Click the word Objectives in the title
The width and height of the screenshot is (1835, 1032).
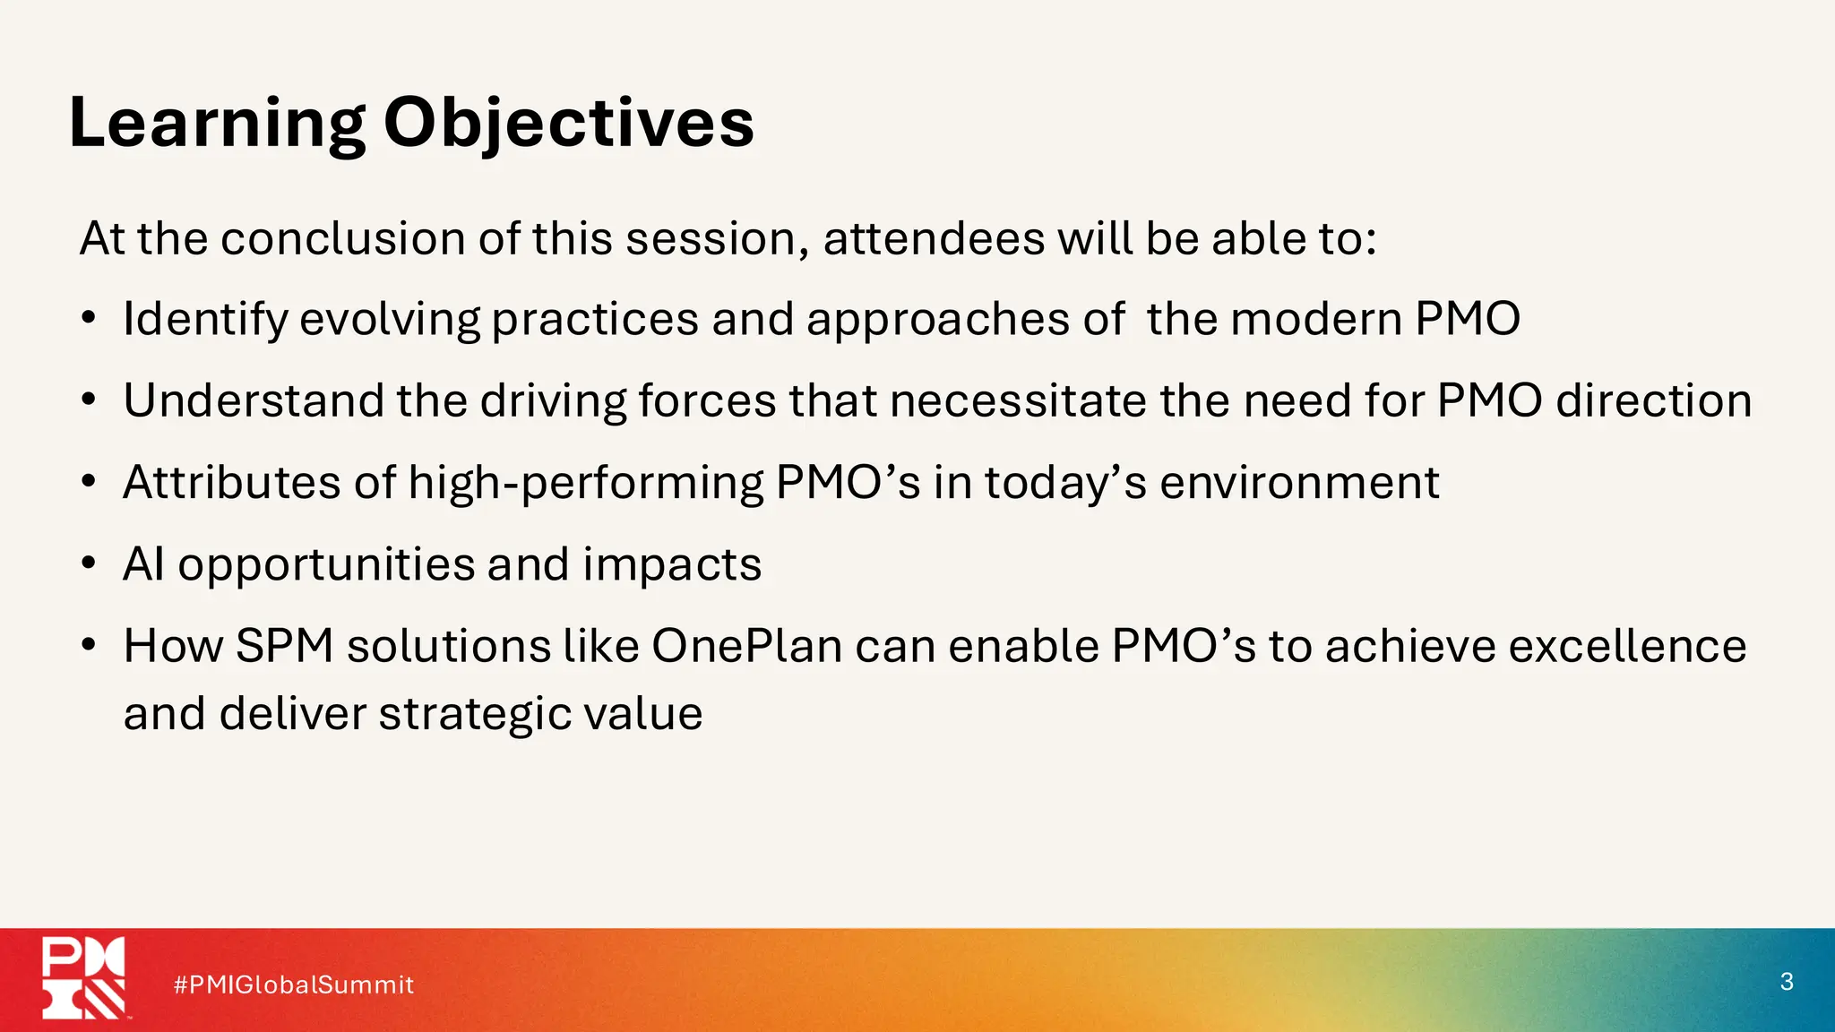coord(569,124)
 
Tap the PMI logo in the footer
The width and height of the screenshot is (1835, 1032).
coord(84,978)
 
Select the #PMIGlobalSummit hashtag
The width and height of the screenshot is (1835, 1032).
coord(294,985)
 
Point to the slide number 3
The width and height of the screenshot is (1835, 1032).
coord(1786,982)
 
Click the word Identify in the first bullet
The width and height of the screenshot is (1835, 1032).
coord(204,320)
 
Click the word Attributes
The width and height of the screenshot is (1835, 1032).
coord(231,483)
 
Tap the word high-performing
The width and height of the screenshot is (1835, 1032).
coord(585,485)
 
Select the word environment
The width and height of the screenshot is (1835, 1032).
coord(1299,483)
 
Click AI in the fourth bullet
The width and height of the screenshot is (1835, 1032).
coord(143,564)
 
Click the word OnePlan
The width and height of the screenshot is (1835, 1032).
coord(746,646)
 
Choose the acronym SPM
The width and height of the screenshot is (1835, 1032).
coord(284,646)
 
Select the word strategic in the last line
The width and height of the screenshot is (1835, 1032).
coord(474,715)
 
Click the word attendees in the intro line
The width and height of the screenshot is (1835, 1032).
coord(934,239)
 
